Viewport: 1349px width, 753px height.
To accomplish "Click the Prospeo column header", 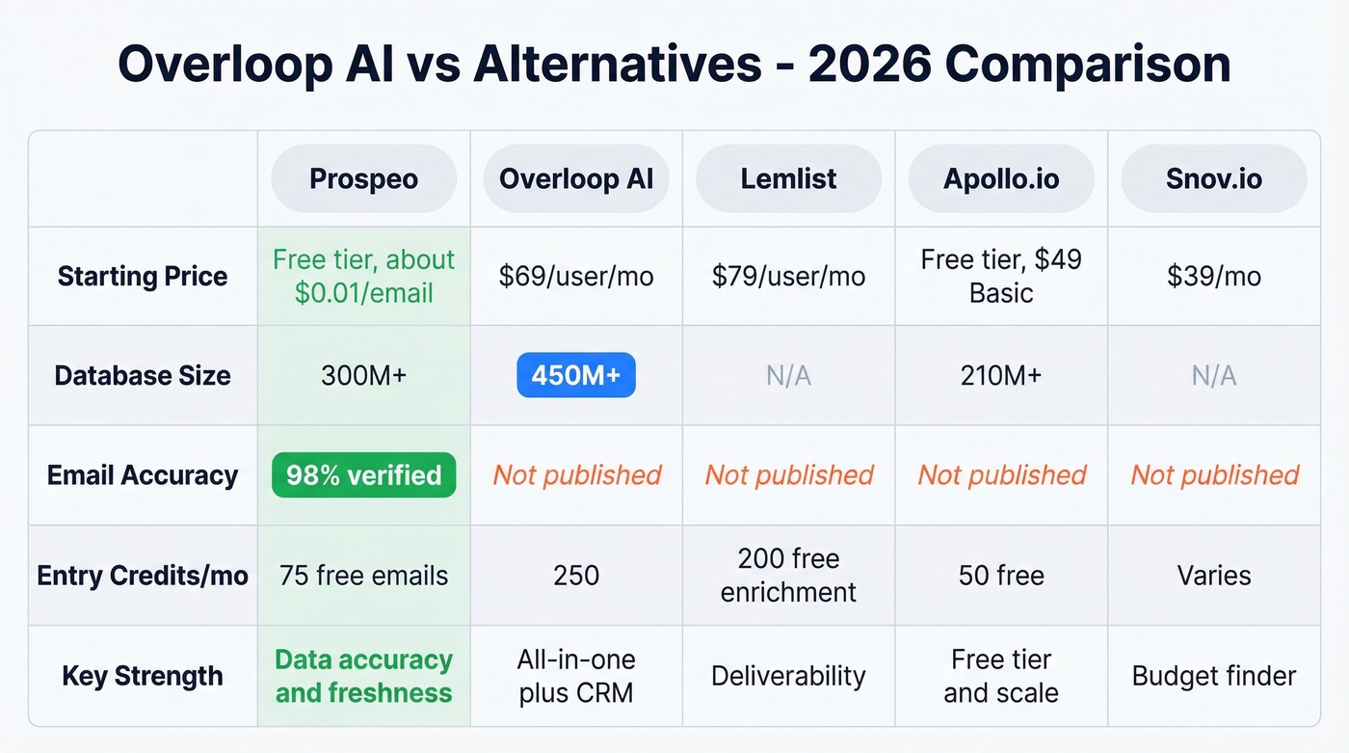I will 363,178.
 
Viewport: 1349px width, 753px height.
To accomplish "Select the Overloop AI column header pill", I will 576,178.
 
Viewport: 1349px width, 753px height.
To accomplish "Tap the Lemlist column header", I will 788,178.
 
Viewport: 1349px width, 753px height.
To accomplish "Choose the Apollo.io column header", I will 1001,178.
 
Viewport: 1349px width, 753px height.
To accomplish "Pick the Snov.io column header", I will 1214,178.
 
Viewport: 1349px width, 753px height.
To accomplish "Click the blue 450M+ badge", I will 576,375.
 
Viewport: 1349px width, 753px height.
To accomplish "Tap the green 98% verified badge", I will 363,474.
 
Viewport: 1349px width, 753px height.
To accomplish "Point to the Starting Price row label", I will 143,276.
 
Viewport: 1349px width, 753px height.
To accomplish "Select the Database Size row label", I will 143,375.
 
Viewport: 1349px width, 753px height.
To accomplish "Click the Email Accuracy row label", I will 143,474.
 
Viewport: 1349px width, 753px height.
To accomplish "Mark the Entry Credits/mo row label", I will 143,576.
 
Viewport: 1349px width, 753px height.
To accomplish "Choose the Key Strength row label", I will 143,676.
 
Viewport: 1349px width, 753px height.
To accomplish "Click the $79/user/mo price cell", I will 788,276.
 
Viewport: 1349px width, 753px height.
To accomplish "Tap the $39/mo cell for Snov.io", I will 1214,276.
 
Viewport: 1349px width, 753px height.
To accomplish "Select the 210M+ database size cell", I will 1001,375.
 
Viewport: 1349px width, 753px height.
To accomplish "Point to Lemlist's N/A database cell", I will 788,375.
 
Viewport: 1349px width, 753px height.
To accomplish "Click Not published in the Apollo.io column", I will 1001,474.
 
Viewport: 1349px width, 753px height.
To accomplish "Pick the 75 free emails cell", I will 363,576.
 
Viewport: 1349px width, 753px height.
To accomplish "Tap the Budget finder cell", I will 1214,676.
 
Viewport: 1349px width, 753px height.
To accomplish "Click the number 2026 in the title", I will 869,64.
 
